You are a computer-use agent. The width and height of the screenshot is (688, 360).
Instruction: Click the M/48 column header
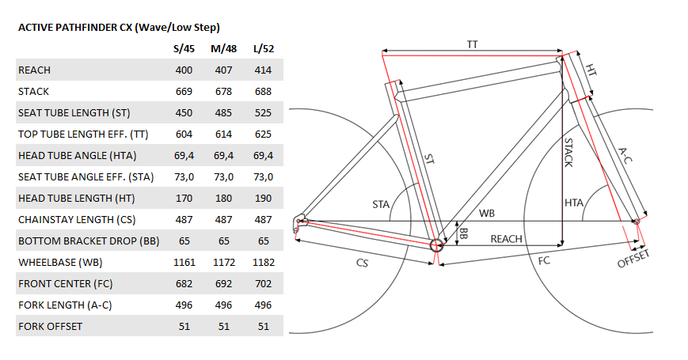coord(223,49)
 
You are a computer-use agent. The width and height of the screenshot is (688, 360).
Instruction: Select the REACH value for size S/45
coord(184,70)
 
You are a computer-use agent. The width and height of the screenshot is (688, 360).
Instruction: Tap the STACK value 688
coord(264,92)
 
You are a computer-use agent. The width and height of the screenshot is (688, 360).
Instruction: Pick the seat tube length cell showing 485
coord(223,113)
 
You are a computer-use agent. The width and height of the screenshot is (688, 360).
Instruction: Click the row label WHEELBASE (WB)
coord(60,263)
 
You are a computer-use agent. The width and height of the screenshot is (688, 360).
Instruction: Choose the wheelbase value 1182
coord(264,263)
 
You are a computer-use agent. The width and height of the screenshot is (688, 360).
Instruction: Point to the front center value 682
coord(184,284)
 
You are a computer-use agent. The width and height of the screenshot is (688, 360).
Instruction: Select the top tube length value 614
coord(223,135)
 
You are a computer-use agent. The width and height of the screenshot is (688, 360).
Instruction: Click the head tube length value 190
coord(264,199)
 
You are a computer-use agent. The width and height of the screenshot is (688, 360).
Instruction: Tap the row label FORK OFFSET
coord(50,327)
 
